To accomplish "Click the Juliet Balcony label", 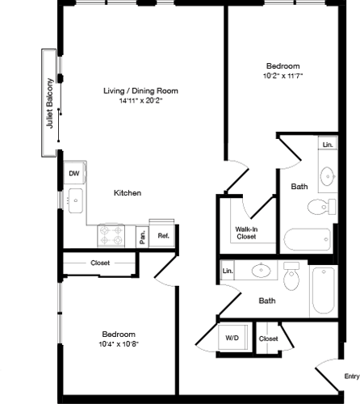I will tap(50, 103).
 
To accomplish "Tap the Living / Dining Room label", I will tap(140, 90).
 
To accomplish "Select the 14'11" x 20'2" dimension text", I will tap(140, 102).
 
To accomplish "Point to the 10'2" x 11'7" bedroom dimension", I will tap(283, 76).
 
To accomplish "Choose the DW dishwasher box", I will tap(73, 173).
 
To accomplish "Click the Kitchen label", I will tap(128, 194).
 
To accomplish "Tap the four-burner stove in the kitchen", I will tap(114, 234).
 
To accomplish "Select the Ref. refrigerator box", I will tap(162, 235).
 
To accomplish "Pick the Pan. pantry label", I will tap(142, 236).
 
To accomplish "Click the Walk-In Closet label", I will tap(247, 234).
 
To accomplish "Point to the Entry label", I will tap(351, 376).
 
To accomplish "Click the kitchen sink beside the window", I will tap(75, 200).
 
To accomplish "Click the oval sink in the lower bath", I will tap(262, 270).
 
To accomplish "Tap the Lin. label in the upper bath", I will tap(327, 145).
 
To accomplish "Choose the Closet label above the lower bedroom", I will tap(100, 263).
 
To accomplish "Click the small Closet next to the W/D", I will tap(269, 339).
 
